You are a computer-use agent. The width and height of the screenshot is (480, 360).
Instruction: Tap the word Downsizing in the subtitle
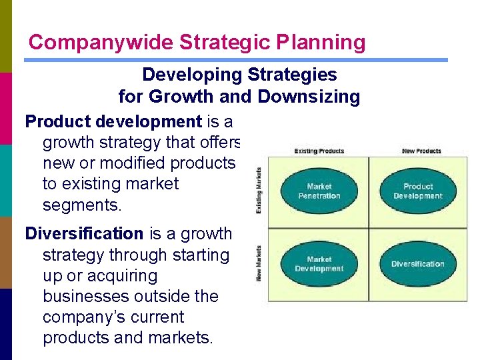[x=308, y=97]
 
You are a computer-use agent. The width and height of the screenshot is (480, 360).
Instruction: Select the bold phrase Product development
[x=113, y=121]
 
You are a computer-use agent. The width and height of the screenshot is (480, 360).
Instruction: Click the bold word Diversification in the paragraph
[x=84, y=234]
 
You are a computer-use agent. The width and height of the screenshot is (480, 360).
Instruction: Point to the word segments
[x=82, y=205]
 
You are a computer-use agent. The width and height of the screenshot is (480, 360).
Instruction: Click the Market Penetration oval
[x=319, y=191]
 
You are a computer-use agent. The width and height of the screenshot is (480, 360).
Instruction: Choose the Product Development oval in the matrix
[x=418, y=191]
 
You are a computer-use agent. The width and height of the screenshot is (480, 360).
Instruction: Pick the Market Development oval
[x=319, y=264]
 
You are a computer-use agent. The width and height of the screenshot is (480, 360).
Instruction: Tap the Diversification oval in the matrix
[x=418, y=264]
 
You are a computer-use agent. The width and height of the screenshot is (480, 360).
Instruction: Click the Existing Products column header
[x=319, y=151]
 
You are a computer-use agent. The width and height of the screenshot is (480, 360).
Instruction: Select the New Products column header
[x=421, y=151]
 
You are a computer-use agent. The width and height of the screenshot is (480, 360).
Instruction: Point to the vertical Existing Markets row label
[x=259, y=191]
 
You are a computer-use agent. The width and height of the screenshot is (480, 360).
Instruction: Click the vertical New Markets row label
[x=259, y=263]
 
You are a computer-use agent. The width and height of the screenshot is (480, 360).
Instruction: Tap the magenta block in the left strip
[x=6, y=108]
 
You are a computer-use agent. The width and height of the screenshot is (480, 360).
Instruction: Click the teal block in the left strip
[x=6, y=180]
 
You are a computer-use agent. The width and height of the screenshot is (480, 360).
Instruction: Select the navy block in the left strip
[x=6, y=324]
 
